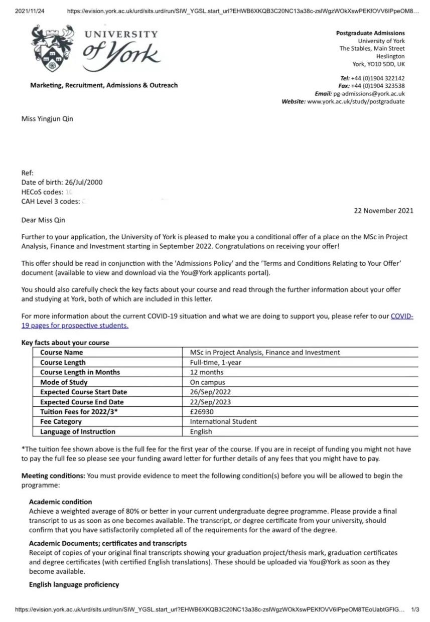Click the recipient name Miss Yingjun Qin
[47, 119]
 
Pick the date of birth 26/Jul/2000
[84, 182]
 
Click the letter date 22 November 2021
[384, 211]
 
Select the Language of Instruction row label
[78, 431]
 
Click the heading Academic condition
[61, 502]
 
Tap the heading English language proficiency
[74, 584]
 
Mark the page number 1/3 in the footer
[415, 609]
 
